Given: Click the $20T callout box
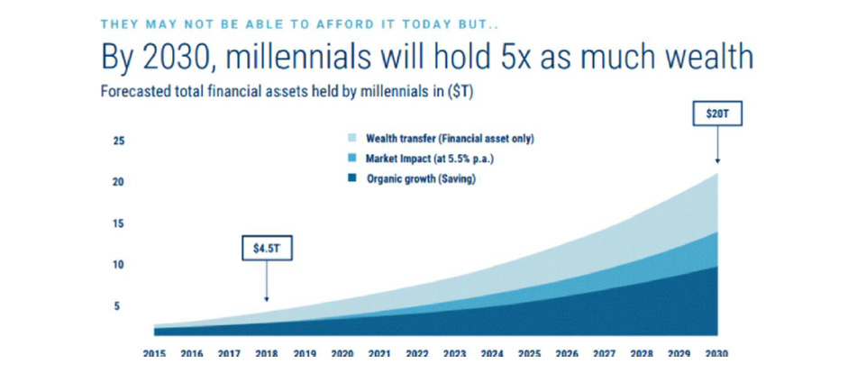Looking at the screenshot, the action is [x=717, y=114].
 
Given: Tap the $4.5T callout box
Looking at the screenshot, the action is [x=267, y=249].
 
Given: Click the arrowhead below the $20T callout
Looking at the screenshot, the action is [x=717, y=160].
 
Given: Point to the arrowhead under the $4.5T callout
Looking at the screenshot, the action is [x=267, y=298].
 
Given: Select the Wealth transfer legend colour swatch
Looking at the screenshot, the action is [x=351, y=139].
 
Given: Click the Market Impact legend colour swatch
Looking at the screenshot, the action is [x=351, y=159].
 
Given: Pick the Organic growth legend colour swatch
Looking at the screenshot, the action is [x=351, y=179].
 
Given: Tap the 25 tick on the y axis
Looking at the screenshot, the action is [x=119, y=141].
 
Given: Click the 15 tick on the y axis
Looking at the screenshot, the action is [x=119, y=223].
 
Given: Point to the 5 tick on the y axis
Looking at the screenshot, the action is [x=115, y=306].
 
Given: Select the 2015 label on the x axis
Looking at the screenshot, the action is [x=154, y=353].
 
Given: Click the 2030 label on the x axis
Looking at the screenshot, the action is [x=716, y=353].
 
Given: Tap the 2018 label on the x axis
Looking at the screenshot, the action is [x=267, y=353].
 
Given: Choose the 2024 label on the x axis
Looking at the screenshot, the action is [x=492, y=353].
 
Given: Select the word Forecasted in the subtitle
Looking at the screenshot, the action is [x=129, y=92].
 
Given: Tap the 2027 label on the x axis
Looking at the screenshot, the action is [x=604, y=353].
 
